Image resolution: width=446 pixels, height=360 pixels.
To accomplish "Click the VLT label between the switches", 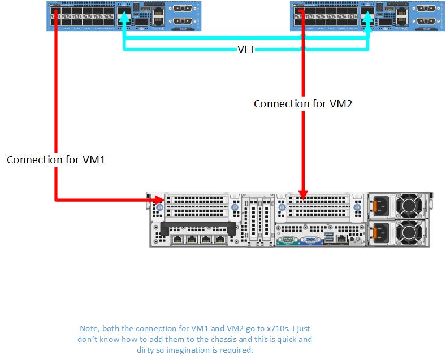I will (246, 49).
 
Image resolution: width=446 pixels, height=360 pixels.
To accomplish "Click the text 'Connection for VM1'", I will (57, 160).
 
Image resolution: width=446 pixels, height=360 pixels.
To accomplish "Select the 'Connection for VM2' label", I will (303, 104).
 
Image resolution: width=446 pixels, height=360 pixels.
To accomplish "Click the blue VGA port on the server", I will (310, 240).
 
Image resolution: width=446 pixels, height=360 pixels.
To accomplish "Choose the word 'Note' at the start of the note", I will (89, 328).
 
